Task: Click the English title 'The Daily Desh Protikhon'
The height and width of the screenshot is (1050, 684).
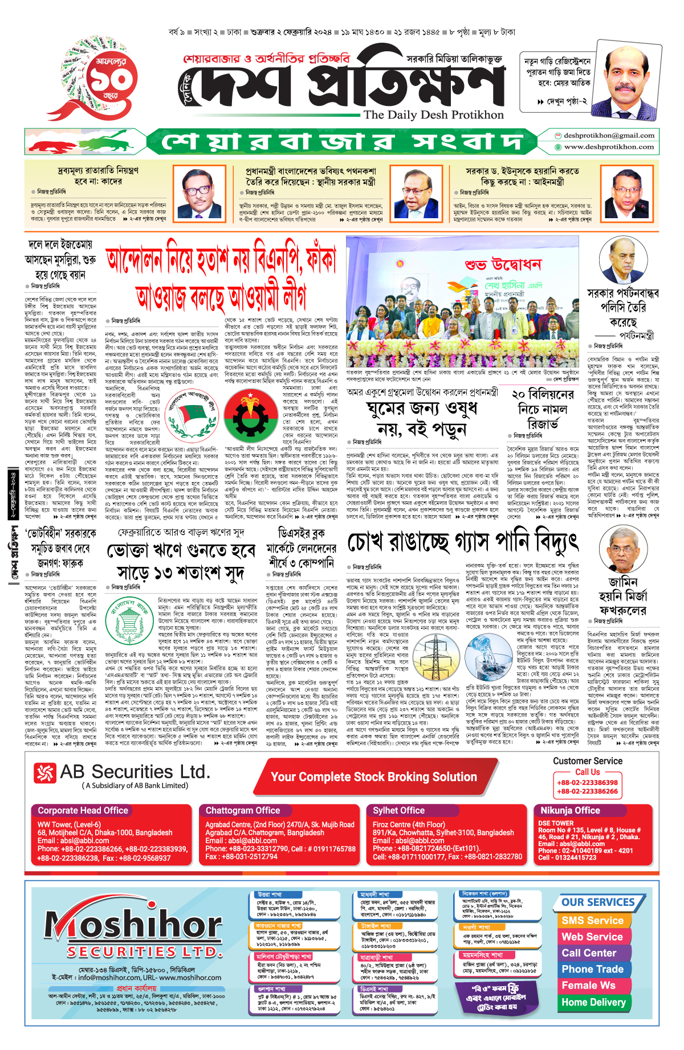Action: tap(433, 115)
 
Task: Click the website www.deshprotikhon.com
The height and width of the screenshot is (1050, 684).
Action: tap(608, 147)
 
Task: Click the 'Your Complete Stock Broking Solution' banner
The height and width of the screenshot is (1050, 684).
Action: tap(373, 777)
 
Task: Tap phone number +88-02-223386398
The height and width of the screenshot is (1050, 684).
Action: tap(587, 782)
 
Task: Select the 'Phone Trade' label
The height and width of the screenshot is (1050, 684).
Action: tap(592, 969)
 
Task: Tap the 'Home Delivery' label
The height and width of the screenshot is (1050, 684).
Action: tap(593, 1002)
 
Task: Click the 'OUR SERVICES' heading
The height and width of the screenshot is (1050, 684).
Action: tap(598, 902)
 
